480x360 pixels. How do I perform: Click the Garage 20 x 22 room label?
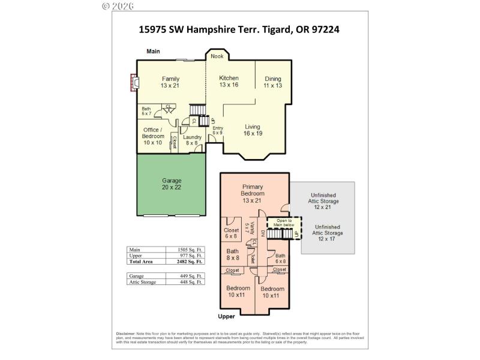172,184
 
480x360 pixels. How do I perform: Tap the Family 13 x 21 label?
170,82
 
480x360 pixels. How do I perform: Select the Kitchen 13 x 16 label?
229,82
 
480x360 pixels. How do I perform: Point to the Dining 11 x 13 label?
272,82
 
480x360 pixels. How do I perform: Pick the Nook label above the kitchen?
217,56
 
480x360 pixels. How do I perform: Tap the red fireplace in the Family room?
134,83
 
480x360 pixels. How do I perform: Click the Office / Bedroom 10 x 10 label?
153,136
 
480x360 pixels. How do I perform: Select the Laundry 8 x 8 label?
192,140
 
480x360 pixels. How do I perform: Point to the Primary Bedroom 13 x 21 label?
253,194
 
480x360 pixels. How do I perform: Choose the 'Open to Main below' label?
280,223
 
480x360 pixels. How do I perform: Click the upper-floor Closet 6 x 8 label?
231,233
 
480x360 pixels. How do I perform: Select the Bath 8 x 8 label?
233,254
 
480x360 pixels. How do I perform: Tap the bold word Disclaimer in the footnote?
125,334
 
